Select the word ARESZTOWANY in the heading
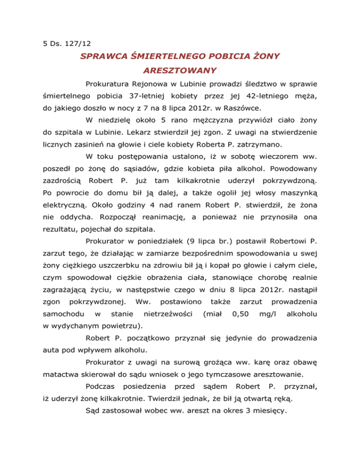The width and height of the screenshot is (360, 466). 180,71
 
